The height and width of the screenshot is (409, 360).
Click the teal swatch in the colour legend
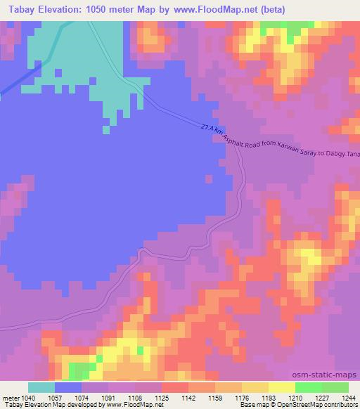click(x=41, y=387)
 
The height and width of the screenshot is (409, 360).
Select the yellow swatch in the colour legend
click(x=281, y=387)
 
